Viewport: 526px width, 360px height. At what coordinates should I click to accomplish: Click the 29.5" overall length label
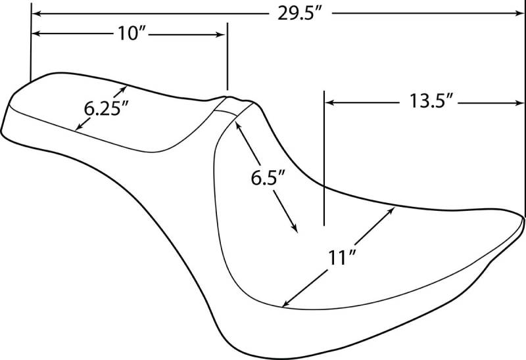point(300,14)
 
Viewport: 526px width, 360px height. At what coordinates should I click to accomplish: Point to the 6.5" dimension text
point(268,177)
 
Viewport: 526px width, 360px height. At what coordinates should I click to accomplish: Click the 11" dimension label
point(341,258)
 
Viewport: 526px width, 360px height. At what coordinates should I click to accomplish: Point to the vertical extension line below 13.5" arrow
point(324,158)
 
